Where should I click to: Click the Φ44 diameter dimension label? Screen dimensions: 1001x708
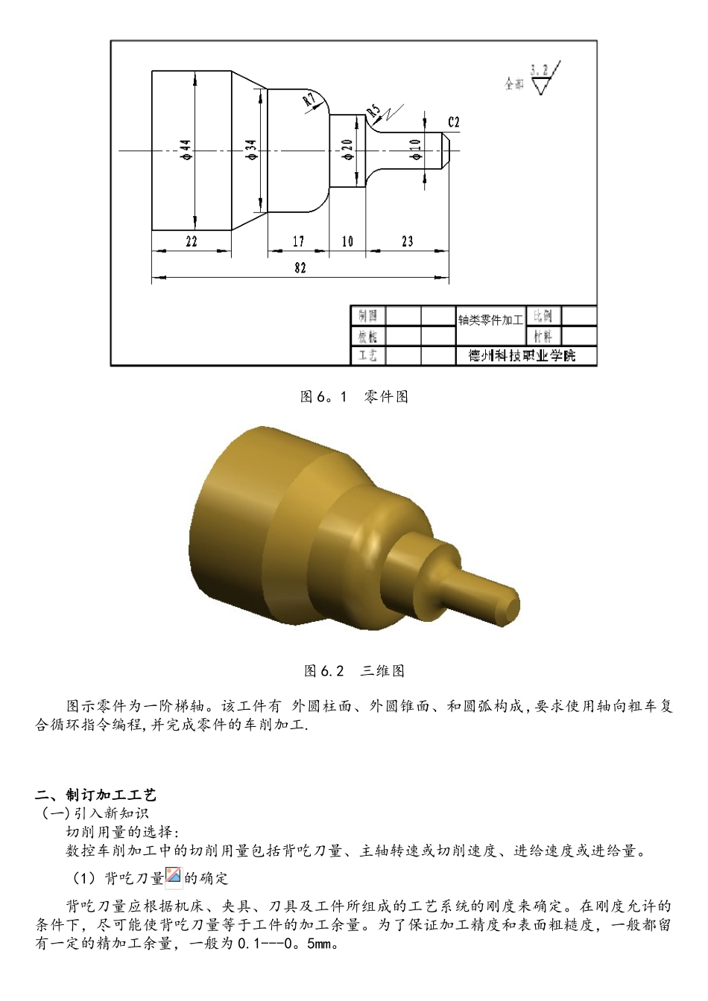(x=186, y=150)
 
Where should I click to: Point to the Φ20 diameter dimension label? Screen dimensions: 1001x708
(x=347, y=150)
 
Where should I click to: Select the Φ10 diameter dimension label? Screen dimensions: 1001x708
(x=415, y=149)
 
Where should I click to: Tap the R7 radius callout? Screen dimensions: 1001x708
(x=309, y=102)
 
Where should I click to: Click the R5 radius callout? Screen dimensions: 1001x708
(x=373, y=112)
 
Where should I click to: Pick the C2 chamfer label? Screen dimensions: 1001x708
(x=454, y=122)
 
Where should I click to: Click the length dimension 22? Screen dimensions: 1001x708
(x=192, y=241)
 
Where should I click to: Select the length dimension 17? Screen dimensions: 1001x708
(x=298, y=241)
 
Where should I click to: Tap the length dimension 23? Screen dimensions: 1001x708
(x=407, y=241)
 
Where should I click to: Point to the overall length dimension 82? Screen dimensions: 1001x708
(x=300, y=268)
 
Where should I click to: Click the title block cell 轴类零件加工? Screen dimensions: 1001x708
(x=490, y=320)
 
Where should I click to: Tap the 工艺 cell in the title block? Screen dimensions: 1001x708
(x=367, y=356)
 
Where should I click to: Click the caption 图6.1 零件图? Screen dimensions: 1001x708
(x=354, y=397)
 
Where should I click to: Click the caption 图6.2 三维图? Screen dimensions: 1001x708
(x=354, y=671)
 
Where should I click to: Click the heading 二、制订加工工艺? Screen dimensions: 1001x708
(x=97, y=795)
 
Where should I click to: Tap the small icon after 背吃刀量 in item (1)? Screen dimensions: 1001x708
(x=174, y=877)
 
